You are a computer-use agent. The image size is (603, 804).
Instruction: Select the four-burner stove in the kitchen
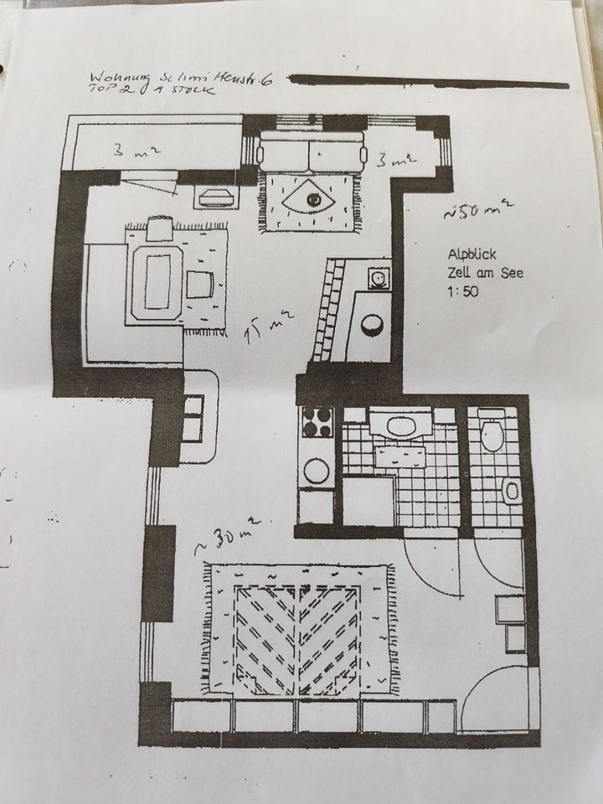pyautogui.click(x=317, y=422)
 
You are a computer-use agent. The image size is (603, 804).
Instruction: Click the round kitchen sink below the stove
pyautogui.click(x=317, y=471)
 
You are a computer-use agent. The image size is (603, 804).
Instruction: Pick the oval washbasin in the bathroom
pyautogui.click(x=399, y=426)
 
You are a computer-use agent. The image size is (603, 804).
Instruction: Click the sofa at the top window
pyautogui.click(x=312, y=153)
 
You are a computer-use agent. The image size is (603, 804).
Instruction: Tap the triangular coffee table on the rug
pyautogui.click(x=312, y=199)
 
